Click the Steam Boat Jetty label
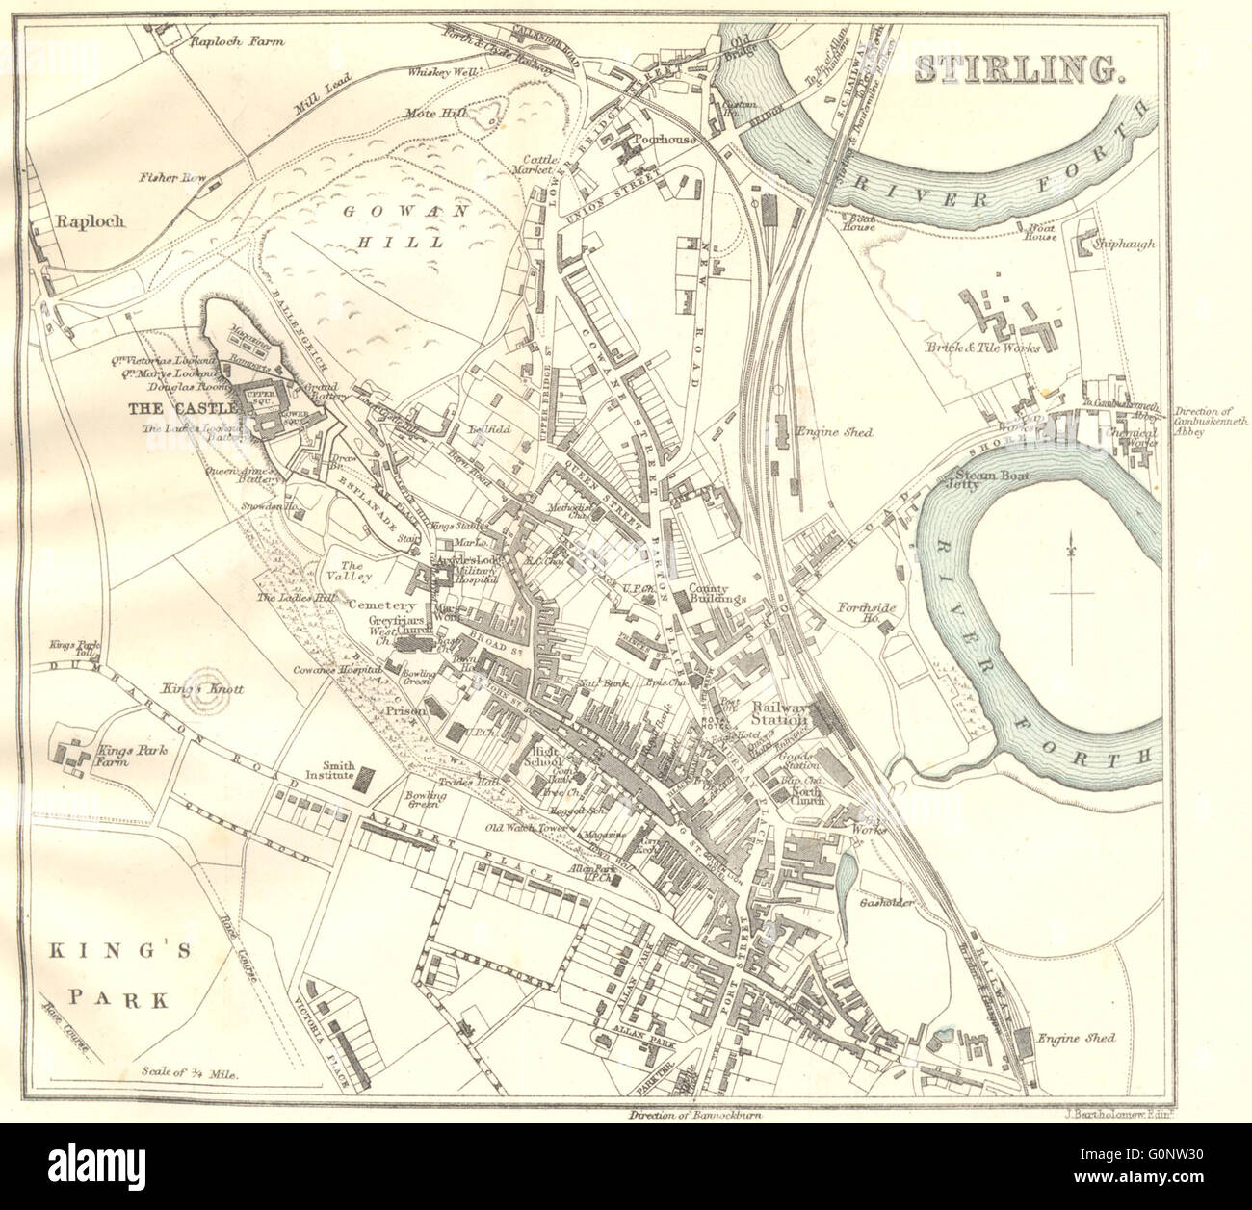[x=980, y=478]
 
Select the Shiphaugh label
[x=1124, y=245]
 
